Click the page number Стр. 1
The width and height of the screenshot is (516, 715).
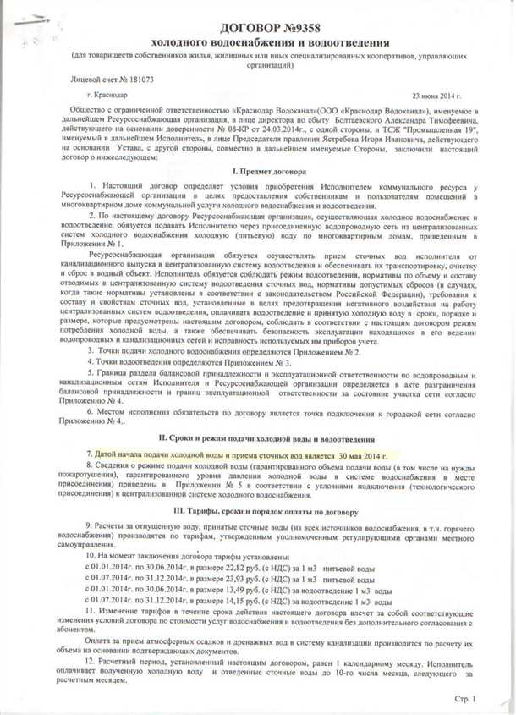(464, 699)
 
